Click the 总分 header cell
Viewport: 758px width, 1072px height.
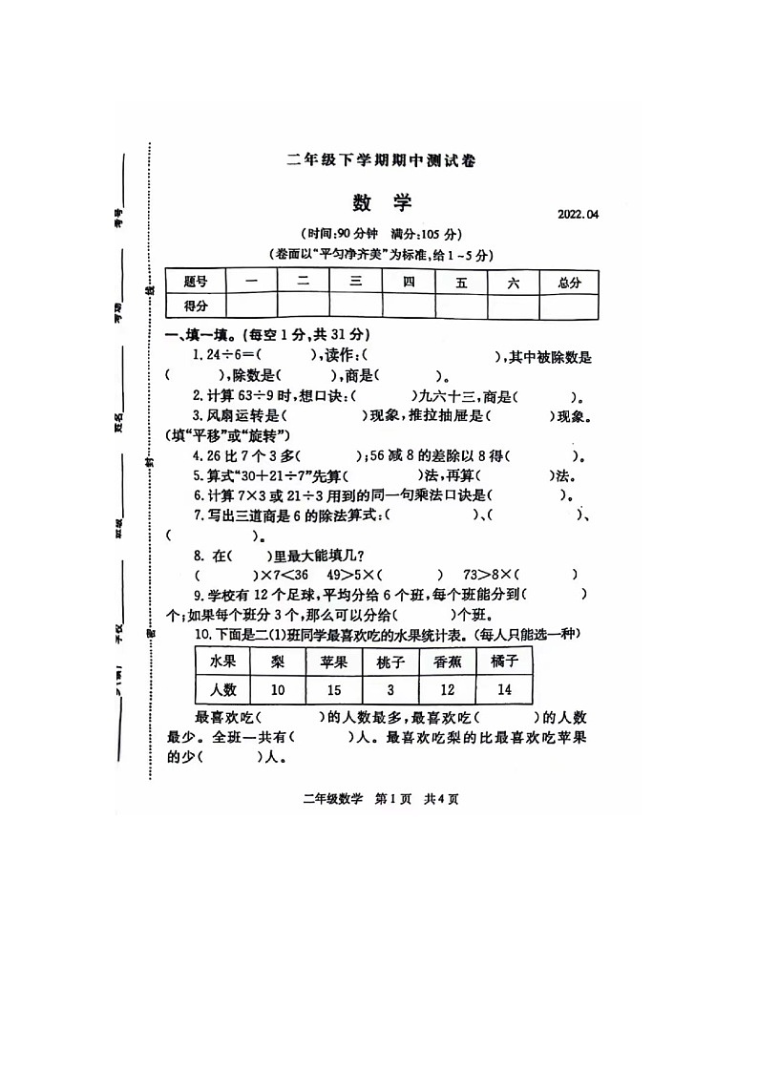[x=570, y=282]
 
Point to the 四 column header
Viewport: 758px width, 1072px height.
[x=409, y=282]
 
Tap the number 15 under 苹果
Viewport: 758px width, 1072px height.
[x=334, y=689]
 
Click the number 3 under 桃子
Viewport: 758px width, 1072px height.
[x=390, y=689]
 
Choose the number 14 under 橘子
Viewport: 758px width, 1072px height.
[x=503, y=689]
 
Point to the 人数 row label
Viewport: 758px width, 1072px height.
[x=222, y=689]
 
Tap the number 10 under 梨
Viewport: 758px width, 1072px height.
[x=278, y=689]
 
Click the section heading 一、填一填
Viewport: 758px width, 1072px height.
[x=202, y=336]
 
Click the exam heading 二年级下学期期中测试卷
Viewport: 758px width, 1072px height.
[x=381, y=161]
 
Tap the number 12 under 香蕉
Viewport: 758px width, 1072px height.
[x=447, y=689]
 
